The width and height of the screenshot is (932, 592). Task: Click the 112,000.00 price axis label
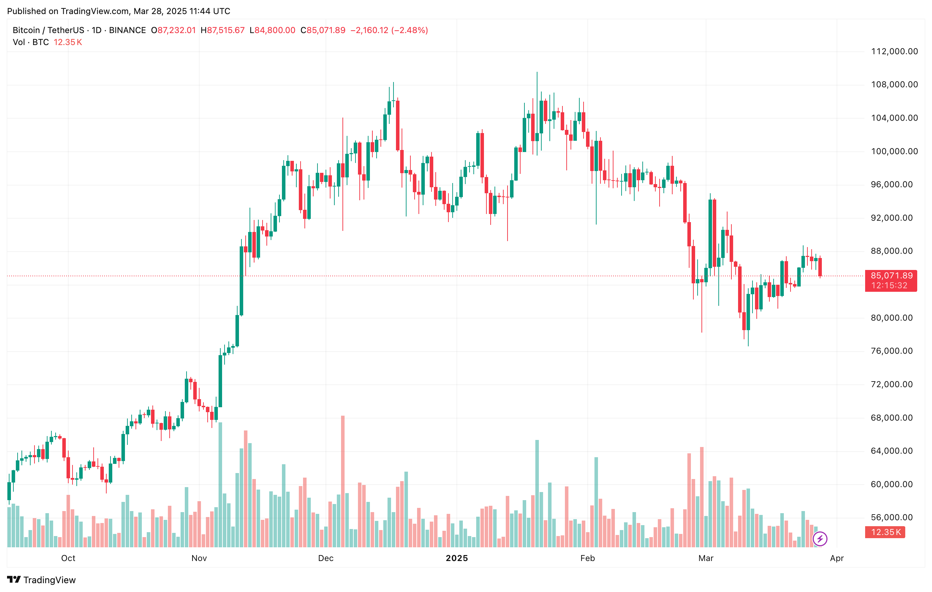[894, 51]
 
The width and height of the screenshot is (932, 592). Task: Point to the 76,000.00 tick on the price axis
[894, 351]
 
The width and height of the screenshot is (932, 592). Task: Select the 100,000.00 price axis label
[894, 151]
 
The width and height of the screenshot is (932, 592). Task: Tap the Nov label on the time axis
[199, 558]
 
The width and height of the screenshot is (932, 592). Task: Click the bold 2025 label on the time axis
[457, 558]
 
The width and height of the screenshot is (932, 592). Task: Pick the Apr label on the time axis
[837, 558]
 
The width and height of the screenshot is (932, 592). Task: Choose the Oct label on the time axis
[68, 558]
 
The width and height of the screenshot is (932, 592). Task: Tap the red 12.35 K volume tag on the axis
[886, 532]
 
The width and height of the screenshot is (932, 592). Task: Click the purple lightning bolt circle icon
[820, 539]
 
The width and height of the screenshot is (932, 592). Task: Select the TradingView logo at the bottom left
[42, 580]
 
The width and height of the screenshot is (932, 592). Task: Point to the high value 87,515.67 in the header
[226, 30]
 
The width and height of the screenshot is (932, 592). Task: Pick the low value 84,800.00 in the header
[275, 30]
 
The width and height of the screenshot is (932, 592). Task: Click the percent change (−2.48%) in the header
[410, 30]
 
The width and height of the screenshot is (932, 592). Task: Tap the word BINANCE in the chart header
[127, 30]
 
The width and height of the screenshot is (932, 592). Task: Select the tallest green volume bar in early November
[221, 484]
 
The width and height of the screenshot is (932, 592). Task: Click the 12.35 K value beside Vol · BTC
[68, 42]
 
